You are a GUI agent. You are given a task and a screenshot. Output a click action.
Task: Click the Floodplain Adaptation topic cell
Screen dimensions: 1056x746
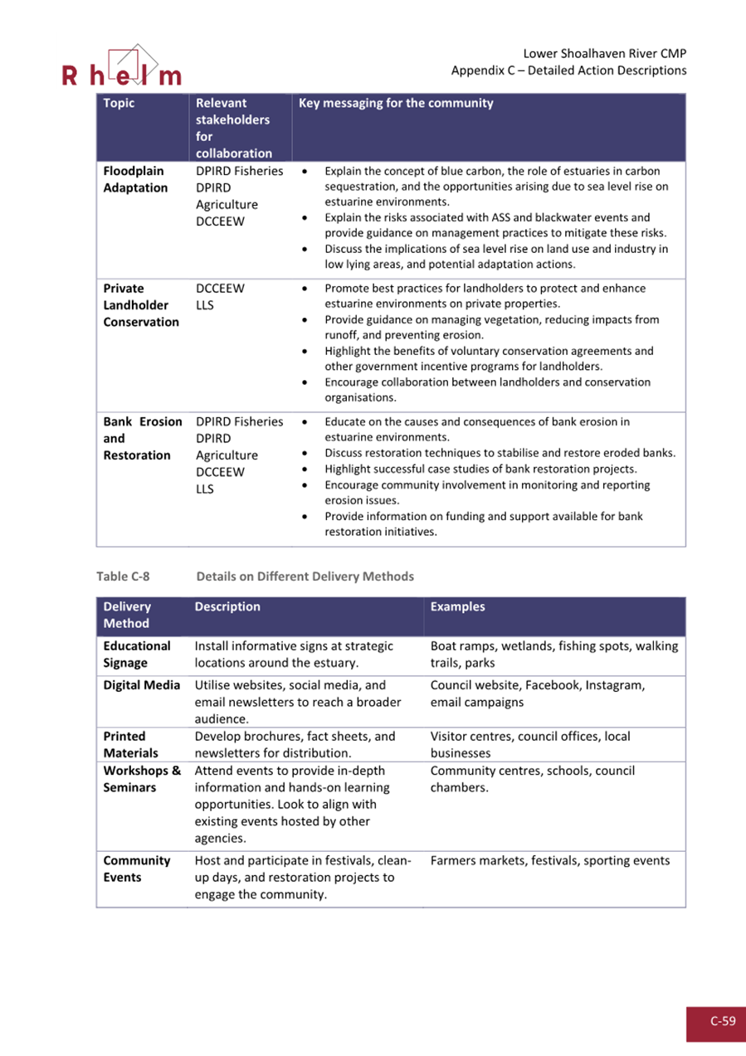(134, 179)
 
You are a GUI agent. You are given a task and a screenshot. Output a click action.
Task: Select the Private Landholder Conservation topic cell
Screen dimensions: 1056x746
(140, 305)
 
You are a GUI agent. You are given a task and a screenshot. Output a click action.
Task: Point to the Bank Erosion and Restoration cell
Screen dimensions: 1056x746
(142, 438)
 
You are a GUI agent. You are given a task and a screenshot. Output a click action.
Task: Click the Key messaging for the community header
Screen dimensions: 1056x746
(395, 104)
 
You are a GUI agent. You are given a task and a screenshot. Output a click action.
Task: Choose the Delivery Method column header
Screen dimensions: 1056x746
(127, 615)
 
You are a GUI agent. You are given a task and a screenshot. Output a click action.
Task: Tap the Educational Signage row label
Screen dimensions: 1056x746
(137, 654)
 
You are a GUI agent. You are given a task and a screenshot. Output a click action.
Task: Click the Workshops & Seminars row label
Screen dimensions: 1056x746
(142, 779)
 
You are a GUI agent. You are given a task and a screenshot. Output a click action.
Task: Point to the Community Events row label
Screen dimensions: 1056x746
(136, 869)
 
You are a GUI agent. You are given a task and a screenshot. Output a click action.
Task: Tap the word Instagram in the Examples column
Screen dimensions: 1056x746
(613, 685)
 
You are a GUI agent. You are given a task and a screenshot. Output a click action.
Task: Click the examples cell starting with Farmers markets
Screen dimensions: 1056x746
(549, 861)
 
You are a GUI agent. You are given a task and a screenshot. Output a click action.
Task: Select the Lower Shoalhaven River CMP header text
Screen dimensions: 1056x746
(605, 54)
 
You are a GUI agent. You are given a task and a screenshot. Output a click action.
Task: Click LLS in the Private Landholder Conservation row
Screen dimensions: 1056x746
(205, 305)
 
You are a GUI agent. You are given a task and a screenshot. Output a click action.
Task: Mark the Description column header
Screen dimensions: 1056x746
(227, 606)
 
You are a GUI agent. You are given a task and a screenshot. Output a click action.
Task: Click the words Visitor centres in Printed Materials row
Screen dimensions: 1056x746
(471, 736)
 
